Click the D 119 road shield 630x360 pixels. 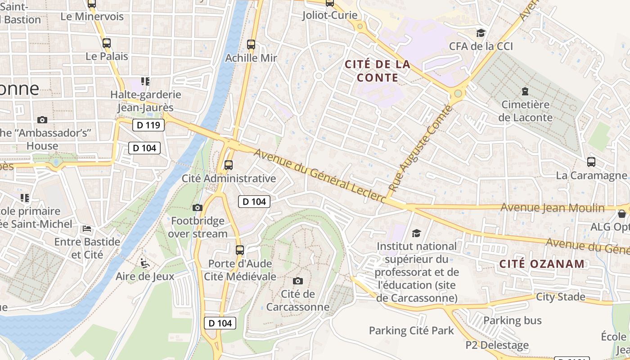point(148,125)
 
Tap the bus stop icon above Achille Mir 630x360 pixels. point(251,45)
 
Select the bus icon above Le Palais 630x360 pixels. point(107,43)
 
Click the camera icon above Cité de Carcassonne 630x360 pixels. point(298,281)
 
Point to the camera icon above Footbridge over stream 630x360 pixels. point(197,207)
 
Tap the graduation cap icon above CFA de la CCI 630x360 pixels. point(481,33)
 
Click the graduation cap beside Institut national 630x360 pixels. point(416,233)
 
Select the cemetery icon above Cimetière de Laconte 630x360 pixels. point(525,91)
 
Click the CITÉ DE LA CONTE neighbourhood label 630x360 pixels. point(378,71)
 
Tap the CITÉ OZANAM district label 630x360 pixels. point(542,264)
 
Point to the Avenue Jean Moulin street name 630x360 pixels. point(553,207)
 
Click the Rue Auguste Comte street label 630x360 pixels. point(419,149)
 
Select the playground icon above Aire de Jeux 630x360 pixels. point(144,263)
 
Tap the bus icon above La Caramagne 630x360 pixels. point(591,162)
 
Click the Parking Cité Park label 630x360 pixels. point(411,331)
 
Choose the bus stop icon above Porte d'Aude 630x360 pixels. point(240,250)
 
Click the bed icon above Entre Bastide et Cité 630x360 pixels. point(87,229)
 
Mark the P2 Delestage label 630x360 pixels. point(497,345)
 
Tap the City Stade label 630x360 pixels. point(560,297)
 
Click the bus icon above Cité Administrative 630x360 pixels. point(229,165)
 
